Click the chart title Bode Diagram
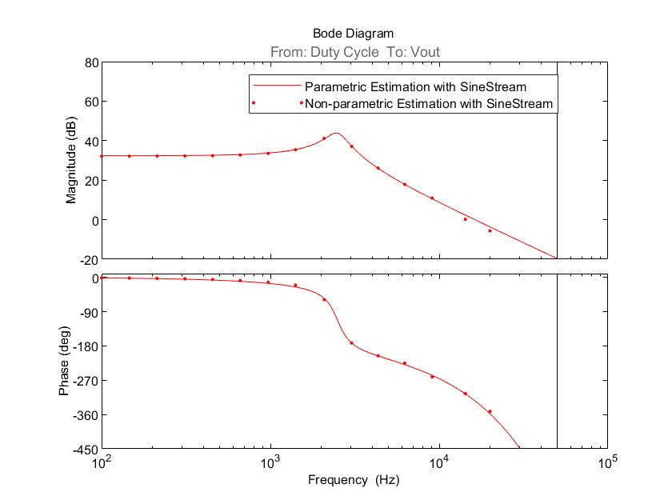[353, 34]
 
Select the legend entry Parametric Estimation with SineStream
[415, 85]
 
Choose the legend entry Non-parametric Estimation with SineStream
[429, 103]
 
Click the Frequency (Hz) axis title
[353, 481]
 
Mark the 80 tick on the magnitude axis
[90, 62]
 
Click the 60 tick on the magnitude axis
[90, 102]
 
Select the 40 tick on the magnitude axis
[90, 141]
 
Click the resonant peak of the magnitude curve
[336, 133]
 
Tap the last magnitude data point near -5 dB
[490, 230]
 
